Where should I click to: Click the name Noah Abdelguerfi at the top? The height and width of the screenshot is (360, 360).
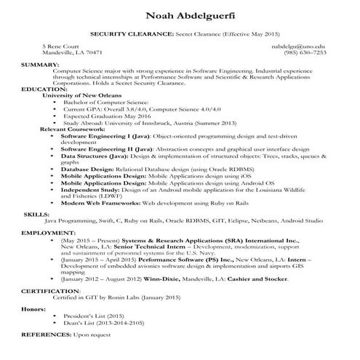tap(180, 16)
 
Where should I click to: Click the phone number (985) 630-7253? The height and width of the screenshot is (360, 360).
tap(305, 52)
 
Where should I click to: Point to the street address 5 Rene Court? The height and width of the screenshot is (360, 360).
tap(60, 45)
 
